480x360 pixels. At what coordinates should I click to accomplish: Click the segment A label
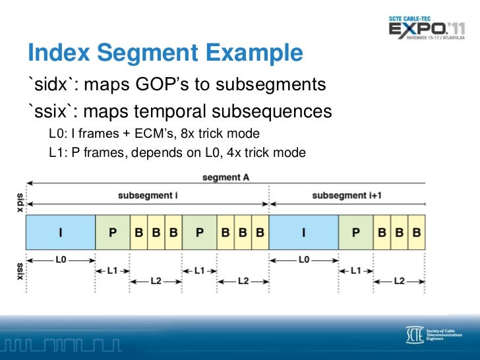[x=226, y=178]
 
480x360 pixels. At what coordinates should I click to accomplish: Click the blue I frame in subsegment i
[x=61, y=232]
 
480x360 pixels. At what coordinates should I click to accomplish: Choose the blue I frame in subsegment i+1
[x=303, y=232]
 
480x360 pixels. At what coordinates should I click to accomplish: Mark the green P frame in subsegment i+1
[x=356, y=232]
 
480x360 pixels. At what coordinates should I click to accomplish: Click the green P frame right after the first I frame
[x=113, y=232]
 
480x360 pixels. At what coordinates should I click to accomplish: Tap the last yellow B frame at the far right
[x=417, y=232]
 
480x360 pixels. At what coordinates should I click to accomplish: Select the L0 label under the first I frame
[x=61, y=260]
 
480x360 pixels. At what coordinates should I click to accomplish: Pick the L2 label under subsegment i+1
[x=399, y=281]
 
